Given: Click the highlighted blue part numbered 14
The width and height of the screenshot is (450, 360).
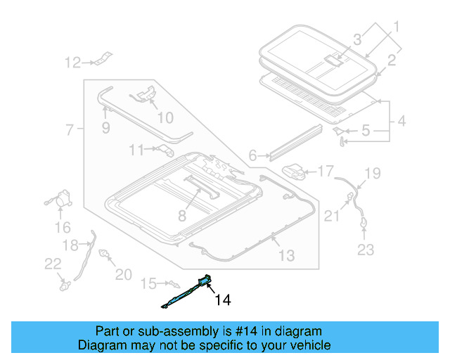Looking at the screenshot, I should pyautogui.click(x=190, y=292).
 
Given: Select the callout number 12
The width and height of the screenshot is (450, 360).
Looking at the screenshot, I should pyautogui.click(x=74, y=63).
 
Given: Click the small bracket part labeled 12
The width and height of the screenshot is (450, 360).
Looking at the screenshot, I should pyautogui.click(x=103, y=58).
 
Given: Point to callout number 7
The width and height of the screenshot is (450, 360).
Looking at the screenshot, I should pyautogui.click(x=70, y=130).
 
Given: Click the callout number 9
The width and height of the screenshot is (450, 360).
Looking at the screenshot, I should pyautogui.click(x=105, y=128).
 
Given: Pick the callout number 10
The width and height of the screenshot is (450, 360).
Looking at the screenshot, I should pyautogui.click(x=164, y=117).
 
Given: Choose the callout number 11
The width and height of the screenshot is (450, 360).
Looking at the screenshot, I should pyautogui.click(x=136, y=149).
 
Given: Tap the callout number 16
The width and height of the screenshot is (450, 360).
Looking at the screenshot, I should pyautogui.click(x=63, y=227).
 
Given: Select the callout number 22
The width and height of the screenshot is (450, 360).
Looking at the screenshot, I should pyautogui.click(x=53, y=264).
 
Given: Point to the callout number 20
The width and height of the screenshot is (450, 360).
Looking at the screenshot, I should pyautogui.click(x=123, y=274).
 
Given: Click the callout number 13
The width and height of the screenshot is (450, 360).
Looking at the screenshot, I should pyautogui.click(x=286, y=256).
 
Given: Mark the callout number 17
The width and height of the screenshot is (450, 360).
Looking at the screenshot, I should pyautogui.click(x=326, y=171).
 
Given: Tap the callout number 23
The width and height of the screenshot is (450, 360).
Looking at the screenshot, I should pyautogui.click(x=366, y=249).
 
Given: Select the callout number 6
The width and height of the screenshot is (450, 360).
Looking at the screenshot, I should pyautogui.click(x=252, y=156).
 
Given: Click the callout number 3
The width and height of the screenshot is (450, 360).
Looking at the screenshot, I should pyautogui.click(x=357, y=39).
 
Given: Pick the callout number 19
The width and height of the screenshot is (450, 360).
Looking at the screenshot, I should pyautogui.click(x=372, y=173).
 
